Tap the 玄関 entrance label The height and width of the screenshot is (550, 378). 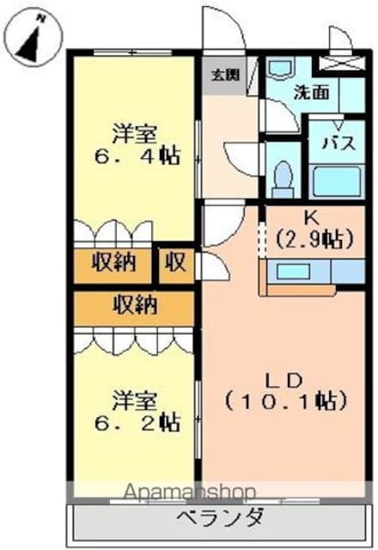[222, 74]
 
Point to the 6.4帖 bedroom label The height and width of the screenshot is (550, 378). [135, 146]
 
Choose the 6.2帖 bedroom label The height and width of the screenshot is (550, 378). [136, 411]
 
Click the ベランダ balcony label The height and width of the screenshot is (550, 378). [221, 519]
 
